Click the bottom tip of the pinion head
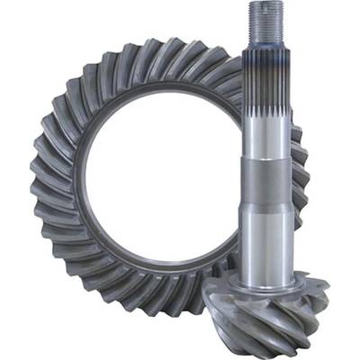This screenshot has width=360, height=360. [x=270, y=346]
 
